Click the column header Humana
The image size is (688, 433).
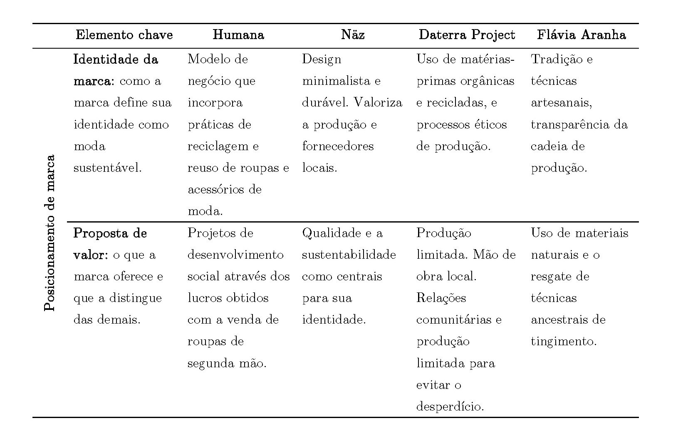(238, 35)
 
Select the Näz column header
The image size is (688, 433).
(353, 35)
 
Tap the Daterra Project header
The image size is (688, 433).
(467, 35)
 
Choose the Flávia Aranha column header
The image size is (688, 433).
(581, 35)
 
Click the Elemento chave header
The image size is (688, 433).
(124, 35)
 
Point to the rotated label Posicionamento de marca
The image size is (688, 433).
(49, 233)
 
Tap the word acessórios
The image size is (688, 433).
(212, 190)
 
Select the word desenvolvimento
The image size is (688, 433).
(235, 255)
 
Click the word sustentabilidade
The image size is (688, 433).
(349, 255)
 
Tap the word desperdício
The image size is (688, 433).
(450, 407)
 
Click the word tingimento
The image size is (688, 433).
(564, 342)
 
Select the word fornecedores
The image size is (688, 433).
(338, 146)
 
